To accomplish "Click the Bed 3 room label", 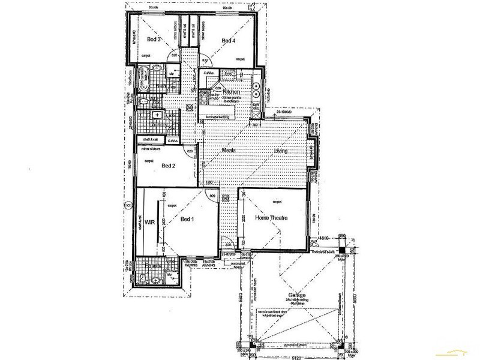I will pyautogui.click(x=152, y=40).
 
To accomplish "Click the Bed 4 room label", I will pyautogui.click(x=228, y=40).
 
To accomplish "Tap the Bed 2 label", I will pyautogui.click(x=169, y=166).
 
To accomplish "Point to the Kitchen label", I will pyautogui.click(x=232, y=92).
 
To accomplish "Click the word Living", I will pyautogui.click(x=281, y=151).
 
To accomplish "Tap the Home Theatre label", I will pyautogui.click(x=272, y=218).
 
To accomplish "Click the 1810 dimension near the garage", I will pyautogui.click(x=325, y=238).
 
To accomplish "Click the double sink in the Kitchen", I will pyautogui.click(x=256, y=92).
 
